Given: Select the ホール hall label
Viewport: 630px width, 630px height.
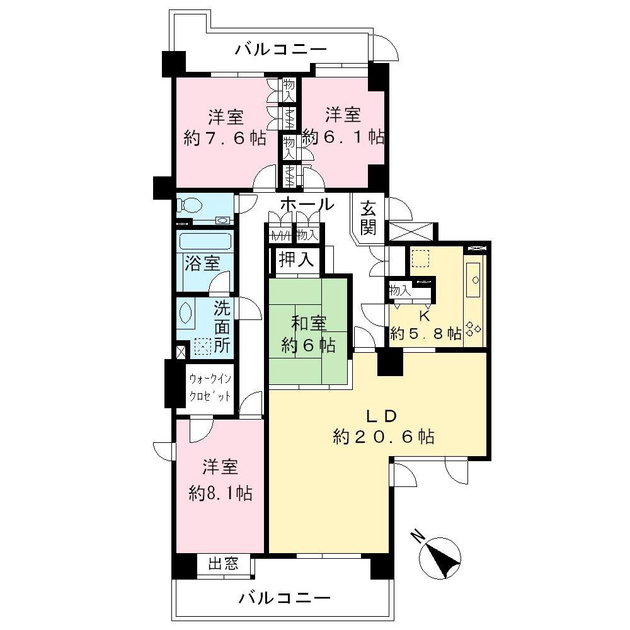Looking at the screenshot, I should click(306, 203).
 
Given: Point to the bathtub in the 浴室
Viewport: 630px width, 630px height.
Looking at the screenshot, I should click(205, 241).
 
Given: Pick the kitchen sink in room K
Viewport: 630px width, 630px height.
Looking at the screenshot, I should click(474, 277).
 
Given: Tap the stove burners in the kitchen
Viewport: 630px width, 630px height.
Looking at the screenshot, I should click(472, 329).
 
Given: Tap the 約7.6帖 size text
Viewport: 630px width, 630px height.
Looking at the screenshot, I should click(225, 138).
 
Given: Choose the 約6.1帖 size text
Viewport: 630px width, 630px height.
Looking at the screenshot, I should click(343, 137).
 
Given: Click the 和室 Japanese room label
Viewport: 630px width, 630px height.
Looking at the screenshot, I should click(308, 324).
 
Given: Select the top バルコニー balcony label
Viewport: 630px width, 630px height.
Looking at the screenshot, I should click(281, 50).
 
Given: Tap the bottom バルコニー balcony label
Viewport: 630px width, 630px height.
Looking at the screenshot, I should click(284, 597).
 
